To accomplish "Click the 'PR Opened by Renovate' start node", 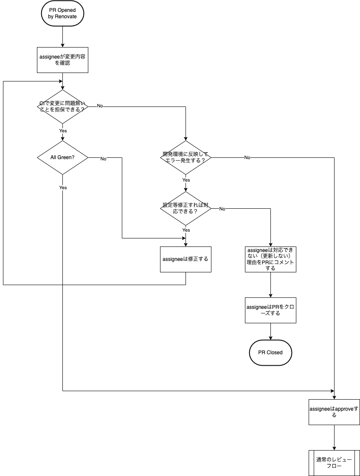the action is pyautogui.click(x=62, y=13).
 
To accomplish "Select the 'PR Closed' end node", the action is pyautogui.click(x=270, y=353).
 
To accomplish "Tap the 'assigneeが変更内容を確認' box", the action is pyautogui.click(x=62, y=60).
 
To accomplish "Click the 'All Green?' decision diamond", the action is pyautogui.click(x=62, y=157).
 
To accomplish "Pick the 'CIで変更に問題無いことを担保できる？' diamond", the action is pyautogui.click(x=62, y=106).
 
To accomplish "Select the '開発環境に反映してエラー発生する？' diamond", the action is pyautogui.click(x=186, y=157).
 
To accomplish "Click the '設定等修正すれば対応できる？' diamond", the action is pyautogui.click(x=186, y=209).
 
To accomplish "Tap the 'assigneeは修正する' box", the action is pyautogui.click(x=186, y=259).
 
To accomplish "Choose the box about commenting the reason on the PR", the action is pyautogui.click(x=270, y=259).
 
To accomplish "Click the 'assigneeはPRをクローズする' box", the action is pyautogui.click(x=270, y=310).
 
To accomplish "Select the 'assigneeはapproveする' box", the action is pyautogui.click(x=334, y=412).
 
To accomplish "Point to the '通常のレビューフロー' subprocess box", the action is pyautogui.click(x=334, y=463).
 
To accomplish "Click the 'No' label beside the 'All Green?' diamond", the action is pyautogui.click(x=103, y=159).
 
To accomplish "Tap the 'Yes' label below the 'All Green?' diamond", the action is pyautogui.click(x=63, y=188).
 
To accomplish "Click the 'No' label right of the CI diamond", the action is pyautogui.click(x=100, y=106).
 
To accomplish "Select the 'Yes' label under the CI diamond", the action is pyautogui.click(x=63, y=131).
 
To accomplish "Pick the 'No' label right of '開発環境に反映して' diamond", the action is pyautogui.click(x=247, y=157).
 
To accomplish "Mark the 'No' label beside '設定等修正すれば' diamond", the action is pyautogui.click(x=222, y=209).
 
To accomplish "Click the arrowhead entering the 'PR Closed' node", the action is pyautogui.click(x=270, y=338).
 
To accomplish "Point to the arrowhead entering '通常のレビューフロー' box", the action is pyautogui.click(x=334, y=448).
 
